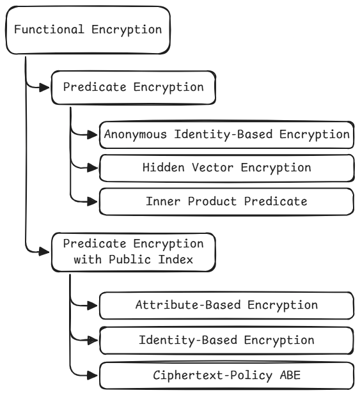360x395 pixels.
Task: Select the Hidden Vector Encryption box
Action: pos(226,167)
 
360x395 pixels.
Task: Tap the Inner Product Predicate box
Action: pos(226,201)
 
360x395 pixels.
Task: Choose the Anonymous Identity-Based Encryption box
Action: pos(226,135)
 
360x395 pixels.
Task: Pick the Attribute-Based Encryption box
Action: pos(226,305)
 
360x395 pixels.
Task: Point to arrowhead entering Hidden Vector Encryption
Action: pos(93,168)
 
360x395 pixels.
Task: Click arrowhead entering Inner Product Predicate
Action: pos(93,201)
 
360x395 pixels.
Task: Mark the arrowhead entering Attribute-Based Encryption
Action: pos(93,306)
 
